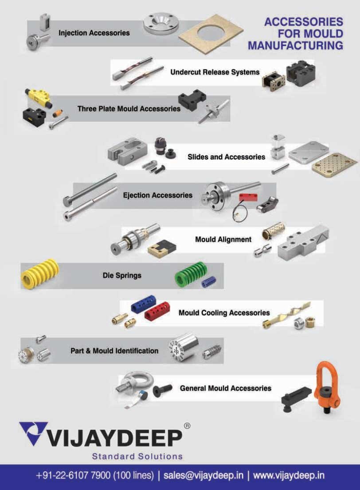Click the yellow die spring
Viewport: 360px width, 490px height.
[x=40, y=274]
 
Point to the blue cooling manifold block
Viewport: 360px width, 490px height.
[x=142, y=302]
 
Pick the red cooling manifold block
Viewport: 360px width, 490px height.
[x=157, y=311]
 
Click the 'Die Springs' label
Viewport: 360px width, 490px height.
[x=122, y=275]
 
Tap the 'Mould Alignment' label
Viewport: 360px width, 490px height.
[x=223, y=239]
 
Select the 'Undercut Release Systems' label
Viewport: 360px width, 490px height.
[x=215, y=72]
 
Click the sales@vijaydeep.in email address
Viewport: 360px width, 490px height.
[x=203, y=475]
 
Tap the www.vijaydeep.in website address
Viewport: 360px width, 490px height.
[x=289, y=475]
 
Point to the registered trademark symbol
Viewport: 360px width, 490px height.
[x=187, y=426]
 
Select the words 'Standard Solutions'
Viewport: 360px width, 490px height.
[x=137, y=456]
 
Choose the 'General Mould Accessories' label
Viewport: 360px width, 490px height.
[x=225, y=388]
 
